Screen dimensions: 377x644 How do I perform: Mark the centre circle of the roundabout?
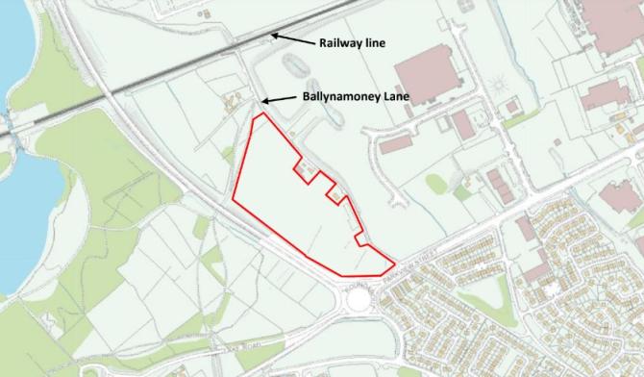click(x=359, y=298)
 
